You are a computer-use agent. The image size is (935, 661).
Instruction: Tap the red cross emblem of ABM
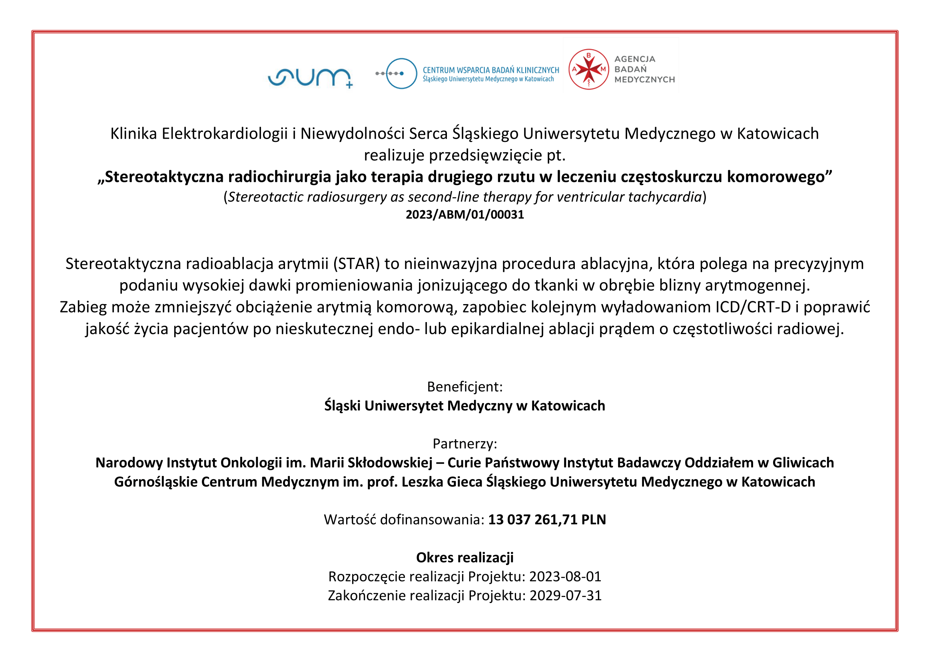point(588,70)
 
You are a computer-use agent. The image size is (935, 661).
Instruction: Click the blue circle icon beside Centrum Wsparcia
point(401,74)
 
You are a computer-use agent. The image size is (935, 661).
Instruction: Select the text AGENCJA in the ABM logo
point(634,59)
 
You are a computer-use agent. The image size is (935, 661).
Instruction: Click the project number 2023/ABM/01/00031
point(465,215)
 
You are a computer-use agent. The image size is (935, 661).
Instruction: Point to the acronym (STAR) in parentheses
point(356,264)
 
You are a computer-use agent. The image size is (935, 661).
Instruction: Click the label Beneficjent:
point(465,387)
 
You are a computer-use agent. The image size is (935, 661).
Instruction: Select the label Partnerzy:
point(465,444)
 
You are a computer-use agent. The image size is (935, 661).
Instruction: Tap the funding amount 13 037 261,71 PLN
point(547,520)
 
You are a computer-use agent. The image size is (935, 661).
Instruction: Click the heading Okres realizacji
point(465,557)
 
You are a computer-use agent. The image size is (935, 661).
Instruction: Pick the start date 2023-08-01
point(565,577)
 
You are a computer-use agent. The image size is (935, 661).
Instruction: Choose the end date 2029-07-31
point(565,596)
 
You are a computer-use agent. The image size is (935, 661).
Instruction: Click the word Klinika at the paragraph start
point(134,134)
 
